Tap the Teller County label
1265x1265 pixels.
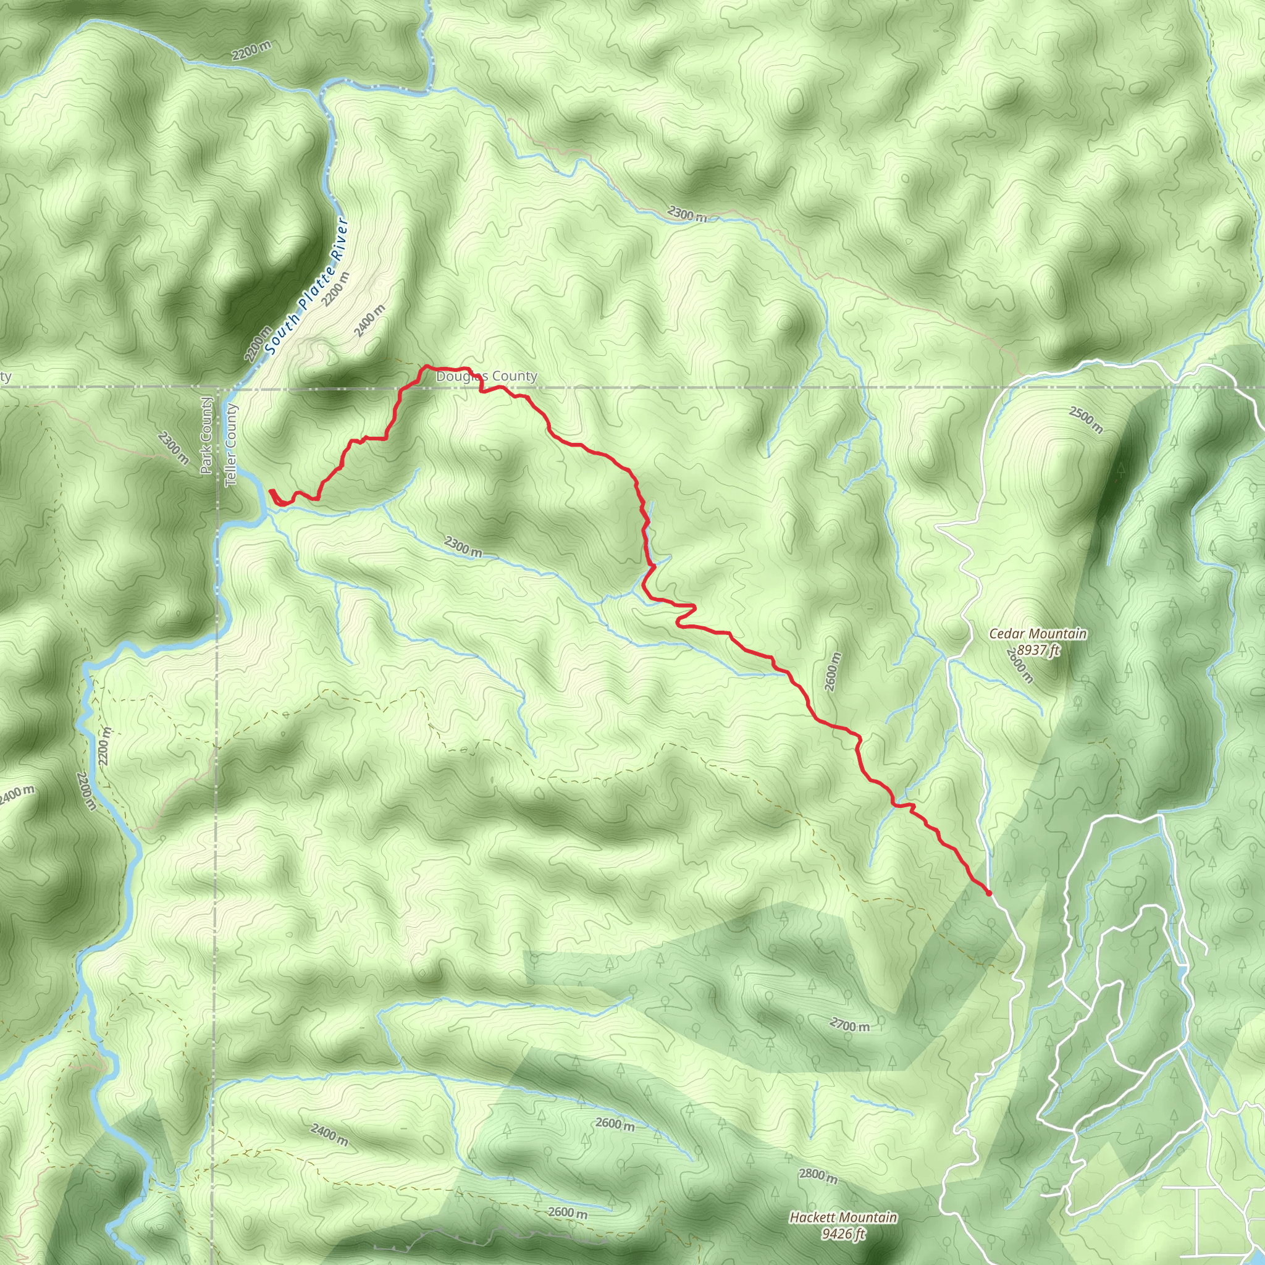(230, 445)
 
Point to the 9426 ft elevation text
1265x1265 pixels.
(843, 1234)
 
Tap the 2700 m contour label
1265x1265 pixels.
(849, 1025)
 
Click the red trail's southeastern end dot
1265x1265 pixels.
(988, 893)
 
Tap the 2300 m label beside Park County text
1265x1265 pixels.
(173, 448)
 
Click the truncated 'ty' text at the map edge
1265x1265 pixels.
(5, 377)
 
